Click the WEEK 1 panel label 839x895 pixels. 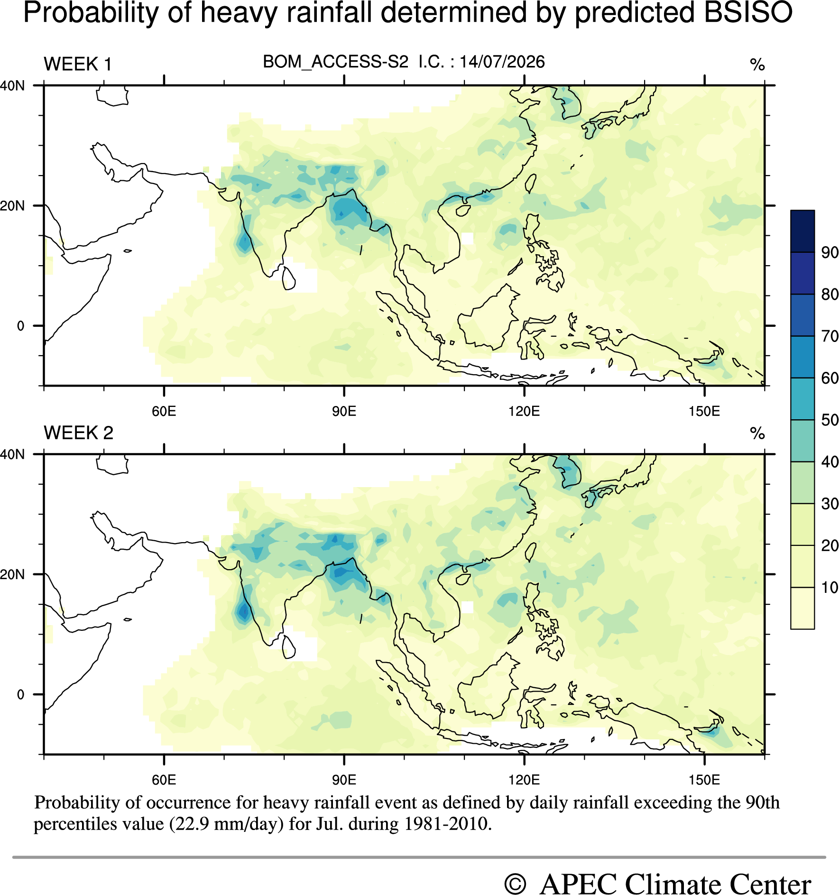78,64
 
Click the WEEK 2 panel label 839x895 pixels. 79,433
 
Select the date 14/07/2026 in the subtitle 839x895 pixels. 502,62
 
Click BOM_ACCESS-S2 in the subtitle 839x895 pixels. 335,62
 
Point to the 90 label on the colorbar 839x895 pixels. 830,252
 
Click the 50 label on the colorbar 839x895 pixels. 830,420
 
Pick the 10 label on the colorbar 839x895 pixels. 830,587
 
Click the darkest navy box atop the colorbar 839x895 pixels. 802,231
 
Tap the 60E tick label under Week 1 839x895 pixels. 164,411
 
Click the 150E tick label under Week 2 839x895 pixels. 704,779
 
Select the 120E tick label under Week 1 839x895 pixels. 524,411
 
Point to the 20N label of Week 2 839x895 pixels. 12,574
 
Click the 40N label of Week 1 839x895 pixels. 12,86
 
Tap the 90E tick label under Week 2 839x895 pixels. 344,779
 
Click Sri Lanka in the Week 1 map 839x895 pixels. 288,278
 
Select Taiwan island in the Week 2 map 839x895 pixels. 531,552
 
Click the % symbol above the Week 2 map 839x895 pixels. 757,433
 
